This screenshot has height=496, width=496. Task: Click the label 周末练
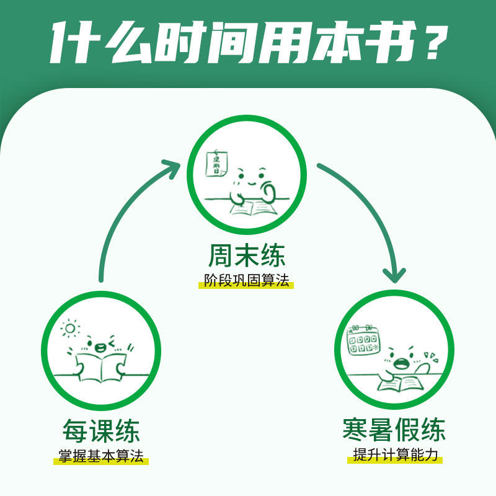247,256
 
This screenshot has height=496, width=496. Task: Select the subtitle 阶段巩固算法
247,280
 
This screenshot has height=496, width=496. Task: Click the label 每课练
101,431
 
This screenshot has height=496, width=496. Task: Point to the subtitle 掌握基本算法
101,457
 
